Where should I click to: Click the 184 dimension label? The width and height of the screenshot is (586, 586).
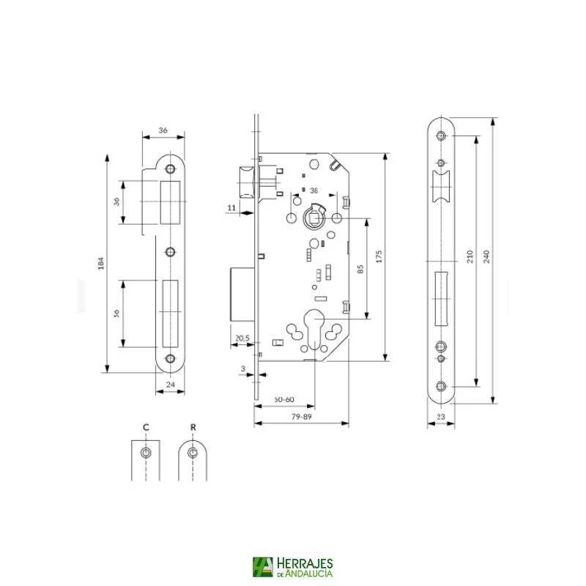[x=101, y=263]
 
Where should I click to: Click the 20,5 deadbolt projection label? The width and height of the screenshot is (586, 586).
[x=242, y=338]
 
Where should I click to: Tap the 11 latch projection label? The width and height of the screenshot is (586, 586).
[x=231, y=209]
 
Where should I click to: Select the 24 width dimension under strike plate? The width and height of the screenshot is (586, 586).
[x=170, y=384]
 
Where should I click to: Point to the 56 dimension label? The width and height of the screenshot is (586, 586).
[x=116, y=314]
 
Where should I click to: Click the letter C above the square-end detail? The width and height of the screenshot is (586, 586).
[x=146, y=426]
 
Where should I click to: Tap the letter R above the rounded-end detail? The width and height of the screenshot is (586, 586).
[x=193, y=426]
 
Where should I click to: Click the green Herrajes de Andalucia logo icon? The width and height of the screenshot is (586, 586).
[x=262, y=567]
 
